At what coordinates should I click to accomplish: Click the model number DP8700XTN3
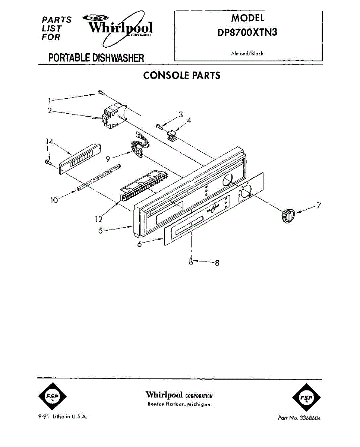[247, 32]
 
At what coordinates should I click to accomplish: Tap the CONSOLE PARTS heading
[182, 76]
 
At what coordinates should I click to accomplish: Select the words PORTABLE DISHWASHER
[96, 58]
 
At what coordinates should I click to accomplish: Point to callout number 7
[319, 205]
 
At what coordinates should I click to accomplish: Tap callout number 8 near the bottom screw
[217, 263]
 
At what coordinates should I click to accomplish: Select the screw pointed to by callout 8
[191, 261]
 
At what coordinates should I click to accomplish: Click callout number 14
[50, 142]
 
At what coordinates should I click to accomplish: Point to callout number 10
[54, 200]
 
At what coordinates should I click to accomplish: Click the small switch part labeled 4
[172, 136]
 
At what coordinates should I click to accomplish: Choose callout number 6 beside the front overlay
[140, 244]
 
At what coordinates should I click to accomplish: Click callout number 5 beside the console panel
[101, 231]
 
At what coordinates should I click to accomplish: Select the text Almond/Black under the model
[247, 54]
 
